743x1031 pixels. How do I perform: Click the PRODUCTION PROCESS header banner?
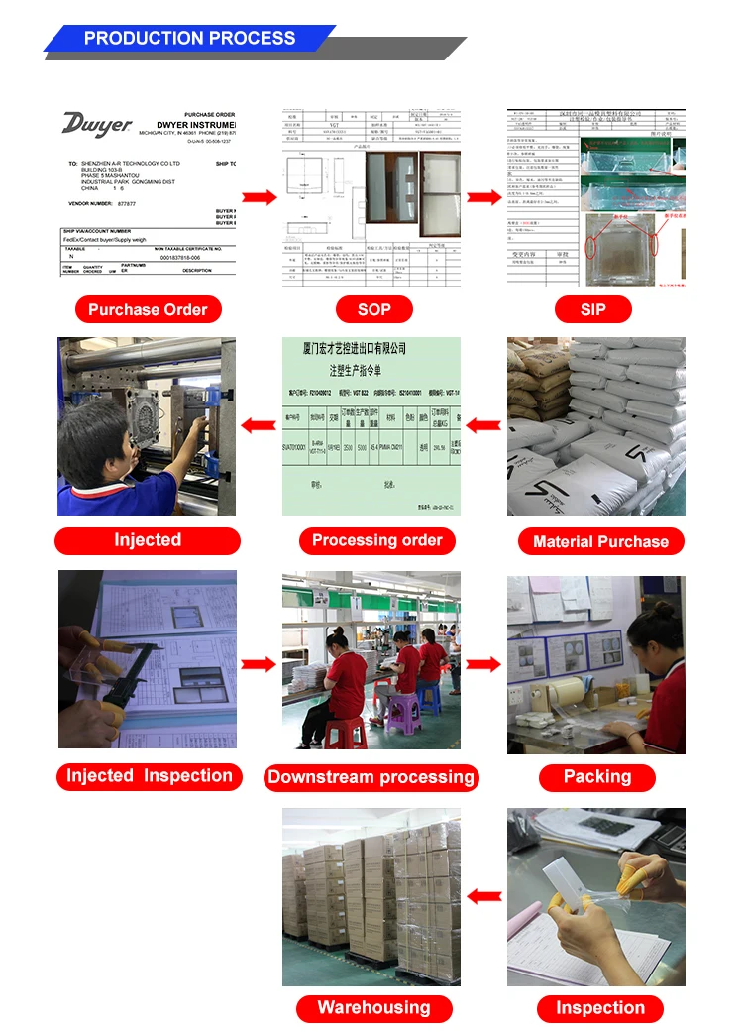click(x=189, y=39)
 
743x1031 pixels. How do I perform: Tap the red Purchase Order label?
click(x=148, y=309)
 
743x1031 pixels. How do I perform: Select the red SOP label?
click(x=373, y=309)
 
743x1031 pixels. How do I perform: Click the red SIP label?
click(x=592, y=309)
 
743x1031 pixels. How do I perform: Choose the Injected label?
click(x=148, y=540)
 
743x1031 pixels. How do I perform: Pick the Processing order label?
click(x=377, y=540)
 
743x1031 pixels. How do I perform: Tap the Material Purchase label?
click(x=600, y=541)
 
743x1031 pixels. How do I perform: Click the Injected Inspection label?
click(x=150, y=776)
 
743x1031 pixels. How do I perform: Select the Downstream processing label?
click(x=371, y=777)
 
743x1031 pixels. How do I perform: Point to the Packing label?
click(x=597, y=777)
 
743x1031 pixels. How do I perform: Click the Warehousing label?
click(x=373, y=1008)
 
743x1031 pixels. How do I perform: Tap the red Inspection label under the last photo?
click(x=600, y=1008)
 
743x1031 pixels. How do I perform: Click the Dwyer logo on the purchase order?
click(x=96, y=125)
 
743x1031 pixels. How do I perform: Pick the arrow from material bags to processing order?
click(x=483, y=426)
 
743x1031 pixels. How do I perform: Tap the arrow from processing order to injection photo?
click(x=260, y=426)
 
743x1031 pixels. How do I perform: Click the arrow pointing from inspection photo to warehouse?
click(x=483, y=896)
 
